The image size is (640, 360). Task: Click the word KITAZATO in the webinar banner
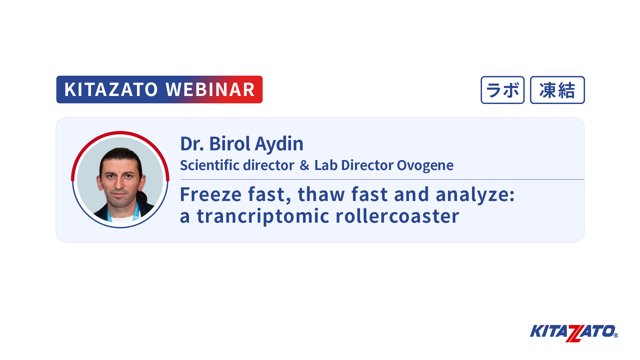tap(111, 89)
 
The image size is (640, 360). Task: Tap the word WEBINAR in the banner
tap(210, 89)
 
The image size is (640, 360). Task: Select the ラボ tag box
tap(503, 90)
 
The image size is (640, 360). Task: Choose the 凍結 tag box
tap(557, 90)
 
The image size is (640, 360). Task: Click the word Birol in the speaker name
tap(230, 144)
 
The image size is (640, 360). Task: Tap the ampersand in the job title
tap(304, 165)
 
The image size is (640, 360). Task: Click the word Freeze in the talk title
tap(211, 194)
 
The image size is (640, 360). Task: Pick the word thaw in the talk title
tap(321, 194)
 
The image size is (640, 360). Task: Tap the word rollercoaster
tap(397, 216)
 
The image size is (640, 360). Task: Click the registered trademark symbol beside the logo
tap(616, 335)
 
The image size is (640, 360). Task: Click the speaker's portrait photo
tap(120, 180)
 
